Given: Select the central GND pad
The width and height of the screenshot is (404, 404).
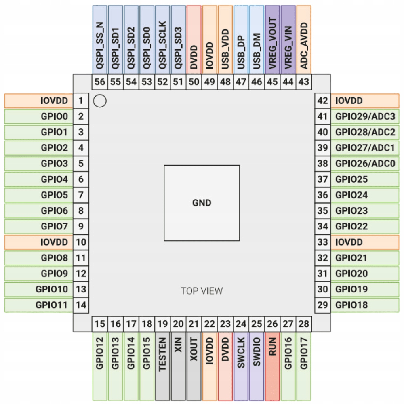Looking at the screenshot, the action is point(202,203).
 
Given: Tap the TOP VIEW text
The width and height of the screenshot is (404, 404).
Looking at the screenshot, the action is point(202,291).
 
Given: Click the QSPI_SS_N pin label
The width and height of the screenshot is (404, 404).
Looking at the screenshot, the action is point(100,45).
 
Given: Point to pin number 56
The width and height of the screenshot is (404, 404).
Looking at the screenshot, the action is point(100,82).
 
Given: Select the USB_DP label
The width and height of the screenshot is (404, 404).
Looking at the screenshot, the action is point(241,53).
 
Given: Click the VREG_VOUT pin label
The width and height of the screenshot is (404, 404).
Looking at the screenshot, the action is point(272,43).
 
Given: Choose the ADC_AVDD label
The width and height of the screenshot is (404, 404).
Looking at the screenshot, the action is point(304,46).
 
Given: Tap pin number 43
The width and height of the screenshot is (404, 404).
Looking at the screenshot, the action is point(304,82).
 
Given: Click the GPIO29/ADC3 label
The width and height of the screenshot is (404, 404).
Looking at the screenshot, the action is point(365,116).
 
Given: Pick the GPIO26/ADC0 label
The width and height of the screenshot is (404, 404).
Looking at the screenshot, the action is point(365,164).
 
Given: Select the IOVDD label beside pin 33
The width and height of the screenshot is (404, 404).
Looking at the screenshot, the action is point(349,242).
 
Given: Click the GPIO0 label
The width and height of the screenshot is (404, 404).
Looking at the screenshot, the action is point(55,116).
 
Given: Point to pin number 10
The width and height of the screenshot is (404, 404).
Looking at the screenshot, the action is point(81,242).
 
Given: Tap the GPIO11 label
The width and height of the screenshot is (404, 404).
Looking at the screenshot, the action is point(52,305).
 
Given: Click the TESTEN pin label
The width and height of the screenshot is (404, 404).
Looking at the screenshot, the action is point(162,354).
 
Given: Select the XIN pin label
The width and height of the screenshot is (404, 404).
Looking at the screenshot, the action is point(178,345).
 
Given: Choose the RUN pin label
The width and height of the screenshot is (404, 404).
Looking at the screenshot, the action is point(272,347).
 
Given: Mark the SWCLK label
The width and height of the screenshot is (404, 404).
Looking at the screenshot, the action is point(241,353).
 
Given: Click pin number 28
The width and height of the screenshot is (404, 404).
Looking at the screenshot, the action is point(304,324).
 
